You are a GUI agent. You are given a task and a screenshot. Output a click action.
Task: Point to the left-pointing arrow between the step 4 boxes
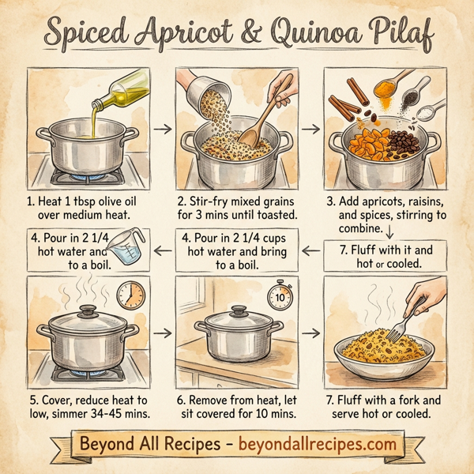pos(160,251)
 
